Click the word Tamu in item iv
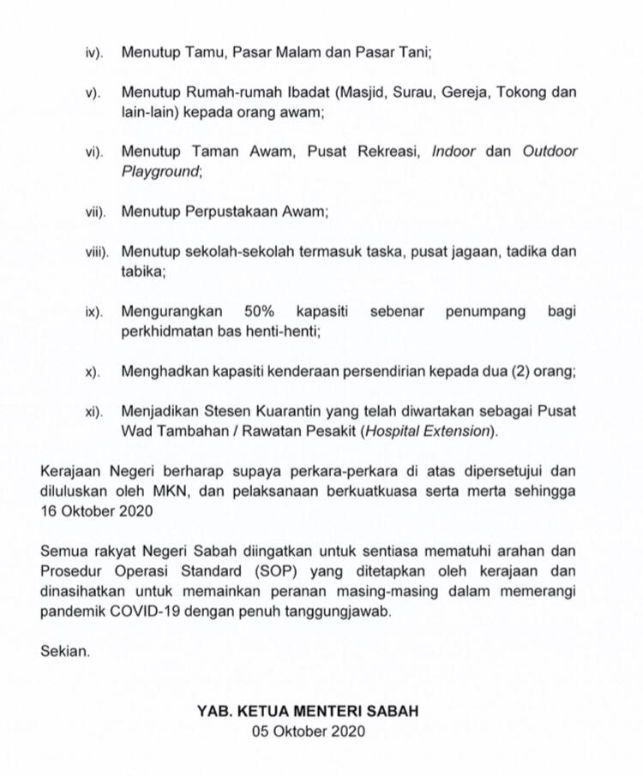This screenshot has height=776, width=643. [197, 51]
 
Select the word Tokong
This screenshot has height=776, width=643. [526, 92]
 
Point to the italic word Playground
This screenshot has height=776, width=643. [160, 171]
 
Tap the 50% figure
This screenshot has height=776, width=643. [259, 311]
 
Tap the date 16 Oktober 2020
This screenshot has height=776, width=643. [97, 511]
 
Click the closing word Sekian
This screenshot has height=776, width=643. [64, 652]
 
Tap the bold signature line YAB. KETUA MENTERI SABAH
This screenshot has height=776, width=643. [309, 712]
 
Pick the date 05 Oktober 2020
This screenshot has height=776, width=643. [309, 731]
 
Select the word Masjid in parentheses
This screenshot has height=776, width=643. [345, 92]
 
